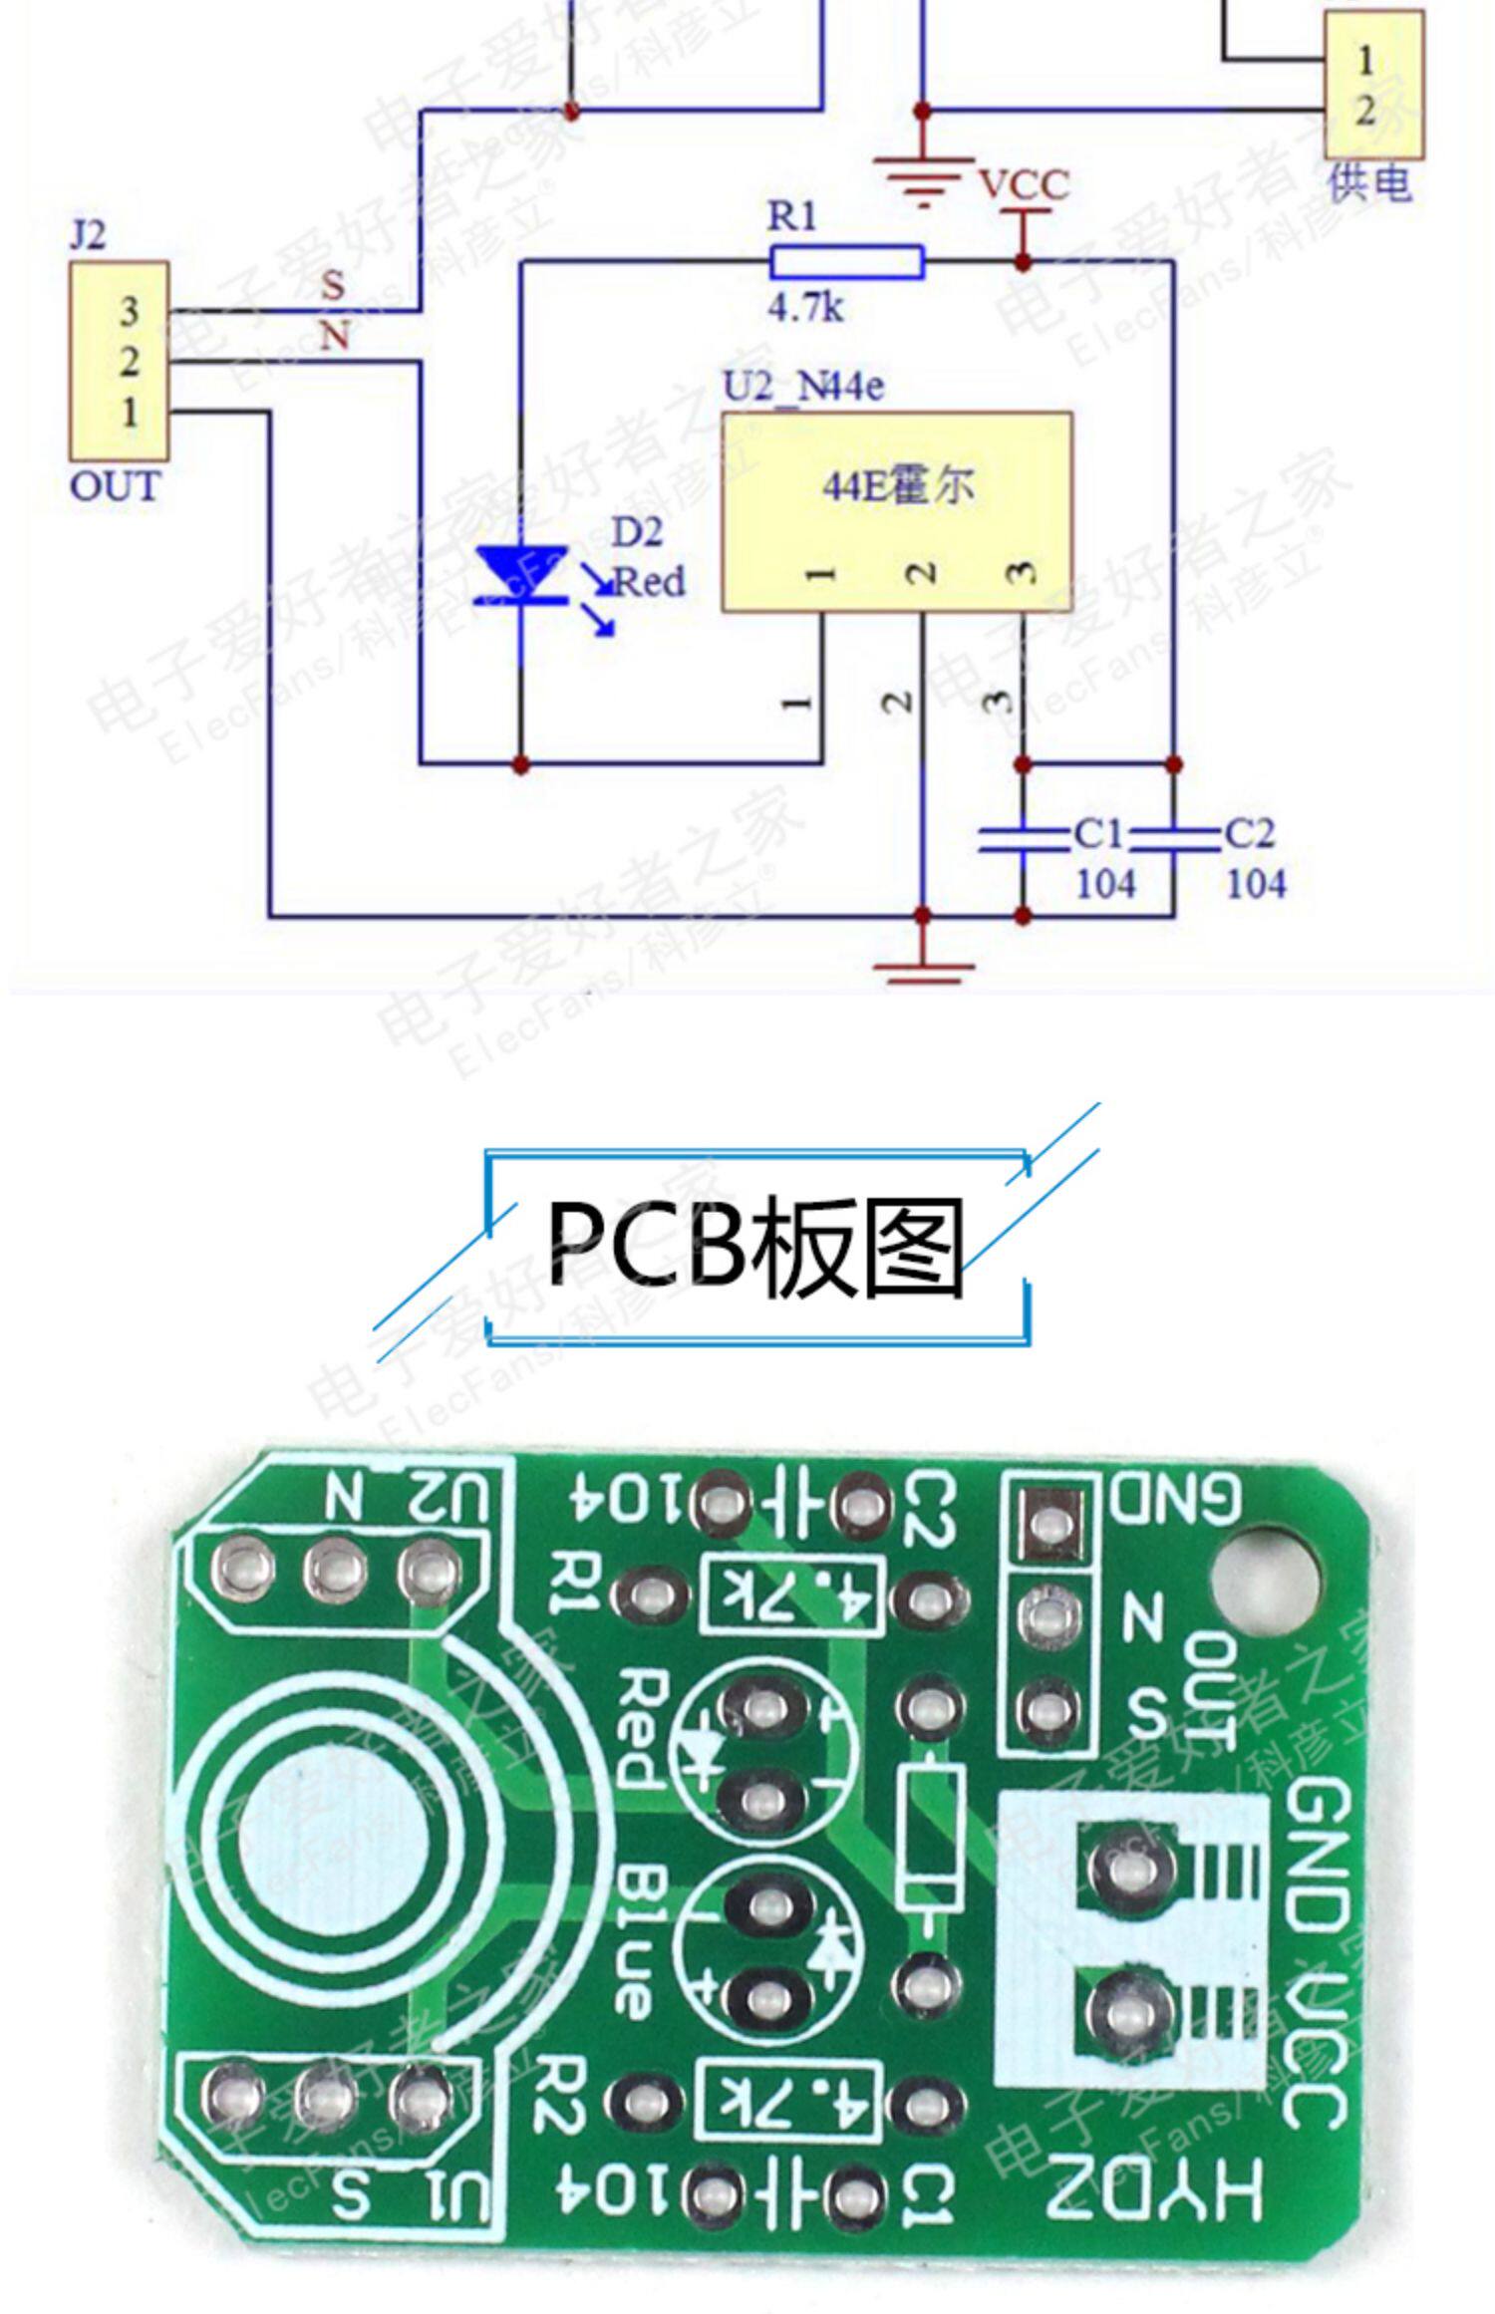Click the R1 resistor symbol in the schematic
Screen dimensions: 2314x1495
pos(845,262)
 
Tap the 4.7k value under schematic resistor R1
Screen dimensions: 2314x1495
pos(804,308)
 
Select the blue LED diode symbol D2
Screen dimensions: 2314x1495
pos(520,576)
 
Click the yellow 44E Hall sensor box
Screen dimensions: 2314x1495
pos(897,510)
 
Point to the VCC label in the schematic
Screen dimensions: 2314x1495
pos(1024,185)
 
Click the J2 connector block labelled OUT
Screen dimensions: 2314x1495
pos(119,361)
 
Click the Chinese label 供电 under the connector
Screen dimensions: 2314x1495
pos(1369,183)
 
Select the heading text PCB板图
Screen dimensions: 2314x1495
pos(755,1247)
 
